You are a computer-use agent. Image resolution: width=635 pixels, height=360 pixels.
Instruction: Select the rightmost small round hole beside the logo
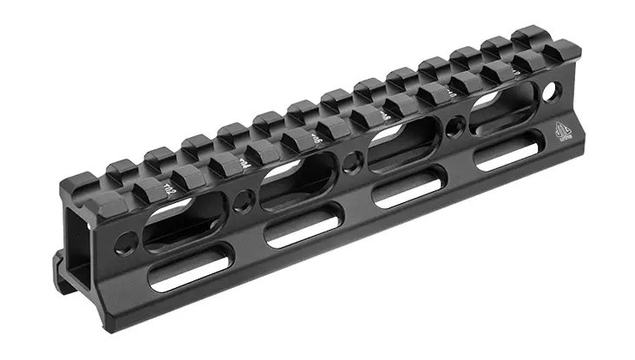coord(549,88)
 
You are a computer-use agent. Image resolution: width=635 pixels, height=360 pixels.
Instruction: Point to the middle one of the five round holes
coord(350,161)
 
